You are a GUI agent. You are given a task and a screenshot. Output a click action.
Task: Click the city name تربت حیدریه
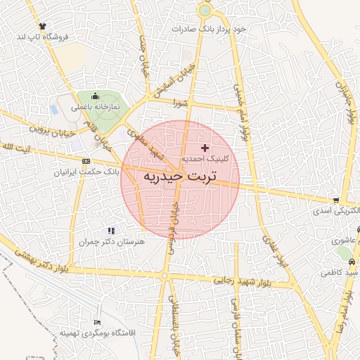pyautogui.click(x=180, y=176)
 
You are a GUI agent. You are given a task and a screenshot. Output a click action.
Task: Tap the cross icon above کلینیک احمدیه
pyautogui.click(x=205, y=148)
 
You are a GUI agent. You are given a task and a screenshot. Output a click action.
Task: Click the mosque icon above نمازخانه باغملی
pyautogui.click(x=96, y=97)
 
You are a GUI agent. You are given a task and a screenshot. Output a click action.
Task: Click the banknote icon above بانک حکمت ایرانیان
pyautogui.click(x=86, y=160)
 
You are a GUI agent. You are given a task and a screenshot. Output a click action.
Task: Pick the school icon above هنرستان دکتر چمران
pyautogui.click(x=110, y=230)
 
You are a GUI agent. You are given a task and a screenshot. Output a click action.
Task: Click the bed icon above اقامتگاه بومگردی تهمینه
pyautogui.click(x=96, y=322)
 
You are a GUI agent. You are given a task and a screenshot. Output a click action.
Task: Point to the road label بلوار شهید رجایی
pyautogui.click(x=233, y=280)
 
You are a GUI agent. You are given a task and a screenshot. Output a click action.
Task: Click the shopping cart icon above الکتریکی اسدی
pyautogui.click(x=337, y=200)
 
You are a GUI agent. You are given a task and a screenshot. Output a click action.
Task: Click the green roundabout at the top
pyautogui.click(x=205, y=10)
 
